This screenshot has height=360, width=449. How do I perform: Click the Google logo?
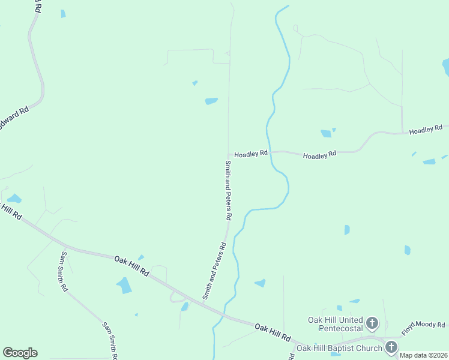click(x=20, y=353)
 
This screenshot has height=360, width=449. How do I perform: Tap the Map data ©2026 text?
click(x=424, y=355)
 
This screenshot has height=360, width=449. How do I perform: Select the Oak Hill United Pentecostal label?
click(x=336, y=324)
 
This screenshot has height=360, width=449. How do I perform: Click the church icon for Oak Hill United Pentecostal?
click(x=372, y=324)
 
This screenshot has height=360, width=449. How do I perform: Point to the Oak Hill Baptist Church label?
click(x=339, y=348)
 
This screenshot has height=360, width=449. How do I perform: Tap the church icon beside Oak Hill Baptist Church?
click(x=391, y=347)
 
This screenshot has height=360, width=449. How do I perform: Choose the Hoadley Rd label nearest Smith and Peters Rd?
click(x=250, y=154)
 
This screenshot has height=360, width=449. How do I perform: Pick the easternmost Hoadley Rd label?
click(x=426, y=130)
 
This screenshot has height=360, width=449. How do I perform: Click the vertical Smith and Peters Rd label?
click(x=228, y=189)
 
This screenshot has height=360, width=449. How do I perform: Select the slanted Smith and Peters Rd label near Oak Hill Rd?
click(x=214, y=271)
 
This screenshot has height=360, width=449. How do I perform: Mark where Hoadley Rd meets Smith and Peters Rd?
click(x=228, y=152)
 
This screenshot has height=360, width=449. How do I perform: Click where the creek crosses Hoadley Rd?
click(x=270, y=152)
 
